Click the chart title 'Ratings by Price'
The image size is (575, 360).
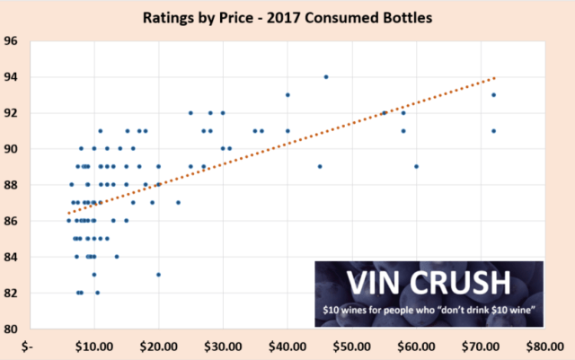coord(287,16)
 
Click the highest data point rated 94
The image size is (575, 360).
coord(326,77)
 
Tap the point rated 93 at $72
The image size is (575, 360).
coord(493,95)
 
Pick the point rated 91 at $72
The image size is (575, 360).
coord(493,131)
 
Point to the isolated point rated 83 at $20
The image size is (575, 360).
coord(159,275)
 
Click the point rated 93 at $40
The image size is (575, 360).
coord(287,95)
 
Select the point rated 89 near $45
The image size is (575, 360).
coord(320,166)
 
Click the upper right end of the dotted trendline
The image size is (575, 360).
coord(493,78)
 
